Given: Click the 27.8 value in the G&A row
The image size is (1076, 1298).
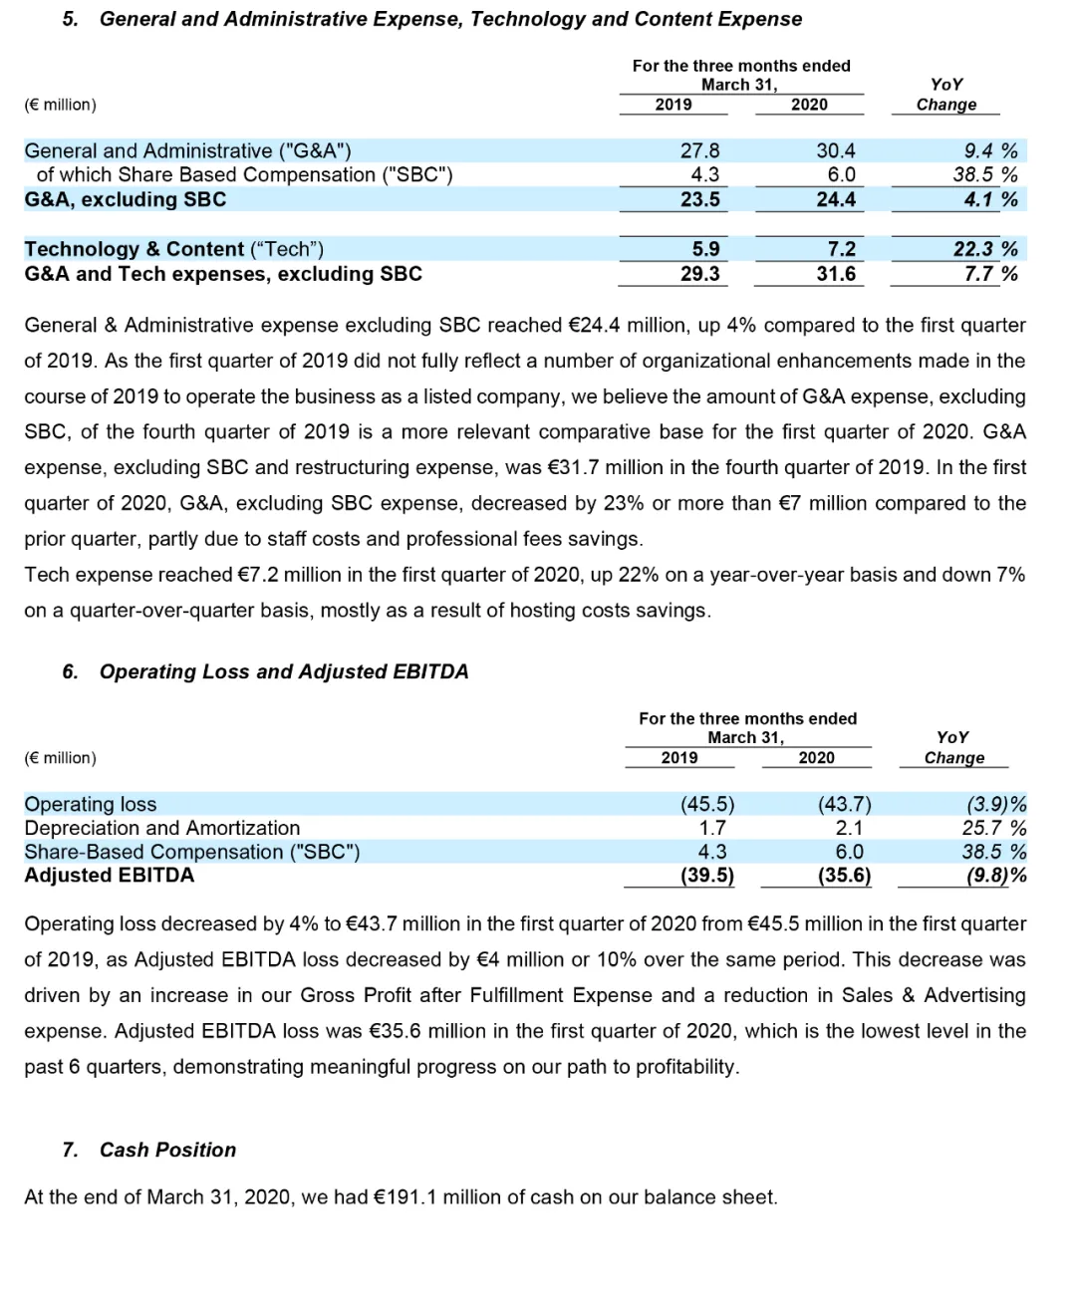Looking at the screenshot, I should tap(699, 150).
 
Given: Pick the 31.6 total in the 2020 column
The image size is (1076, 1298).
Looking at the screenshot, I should tap(836, 274).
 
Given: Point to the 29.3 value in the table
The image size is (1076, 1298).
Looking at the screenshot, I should tap(699, 274).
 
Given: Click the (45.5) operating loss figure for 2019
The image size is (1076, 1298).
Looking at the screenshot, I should tap(707, 804).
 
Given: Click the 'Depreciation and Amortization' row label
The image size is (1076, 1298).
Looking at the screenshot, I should tap(161, 828).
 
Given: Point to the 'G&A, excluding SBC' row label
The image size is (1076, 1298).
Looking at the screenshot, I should tap(126, 199).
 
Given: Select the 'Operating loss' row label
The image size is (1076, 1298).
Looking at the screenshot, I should tap(90, 804).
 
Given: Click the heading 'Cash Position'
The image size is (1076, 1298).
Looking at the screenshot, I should tap(167, 1150).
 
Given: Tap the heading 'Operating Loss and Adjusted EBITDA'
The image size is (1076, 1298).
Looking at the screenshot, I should tap(284, 671).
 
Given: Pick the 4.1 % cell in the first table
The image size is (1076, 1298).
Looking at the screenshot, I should tap(990, 199).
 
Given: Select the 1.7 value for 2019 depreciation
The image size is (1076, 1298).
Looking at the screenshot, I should tap(712, 828).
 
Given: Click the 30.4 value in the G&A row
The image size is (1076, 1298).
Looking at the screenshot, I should tap(836, 150).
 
